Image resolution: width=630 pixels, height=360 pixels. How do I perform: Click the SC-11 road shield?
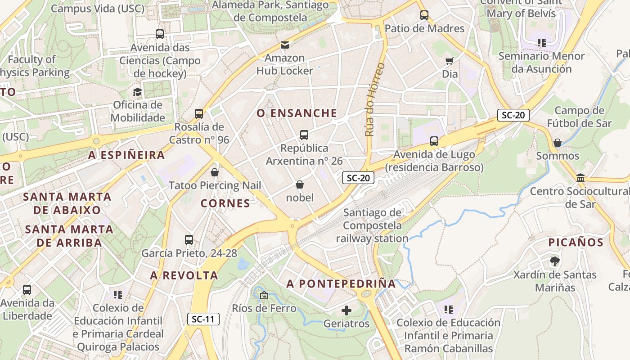(203, 319)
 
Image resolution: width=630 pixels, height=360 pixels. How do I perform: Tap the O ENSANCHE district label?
(297, 113)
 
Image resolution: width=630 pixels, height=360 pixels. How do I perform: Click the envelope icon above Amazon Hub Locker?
(284, 45)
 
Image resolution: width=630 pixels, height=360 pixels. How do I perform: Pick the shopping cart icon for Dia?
(449, 61)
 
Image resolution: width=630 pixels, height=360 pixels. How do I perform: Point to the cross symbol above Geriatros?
(346, 310)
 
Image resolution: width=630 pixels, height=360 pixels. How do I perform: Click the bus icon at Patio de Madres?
(424, 15)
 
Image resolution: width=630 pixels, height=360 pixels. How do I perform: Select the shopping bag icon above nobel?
(300, 184)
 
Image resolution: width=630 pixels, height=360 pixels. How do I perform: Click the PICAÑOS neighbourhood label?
(576, 243)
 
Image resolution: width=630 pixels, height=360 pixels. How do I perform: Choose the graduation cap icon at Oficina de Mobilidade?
(137, 92)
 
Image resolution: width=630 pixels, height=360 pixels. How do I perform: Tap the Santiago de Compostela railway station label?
(372, 225)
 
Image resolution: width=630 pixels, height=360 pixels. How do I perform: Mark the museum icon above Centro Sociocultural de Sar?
(580, 178)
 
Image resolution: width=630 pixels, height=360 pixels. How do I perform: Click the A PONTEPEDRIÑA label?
(341, 283)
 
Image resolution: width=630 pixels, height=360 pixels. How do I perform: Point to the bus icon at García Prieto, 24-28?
(189, 240)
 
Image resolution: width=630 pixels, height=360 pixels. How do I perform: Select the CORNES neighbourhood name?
(225, 203)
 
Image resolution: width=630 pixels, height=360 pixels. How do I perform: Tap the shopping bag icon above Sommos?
(558, 143)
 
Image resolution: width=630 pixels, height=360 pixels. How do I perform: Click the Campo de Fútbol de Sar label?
(579, 117)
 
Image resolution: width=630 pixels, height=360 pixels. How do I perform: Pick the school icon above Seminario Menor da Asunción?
(541, 43)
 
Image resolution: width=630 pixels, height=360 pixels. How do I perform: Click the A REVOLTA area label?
(184, 275)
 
